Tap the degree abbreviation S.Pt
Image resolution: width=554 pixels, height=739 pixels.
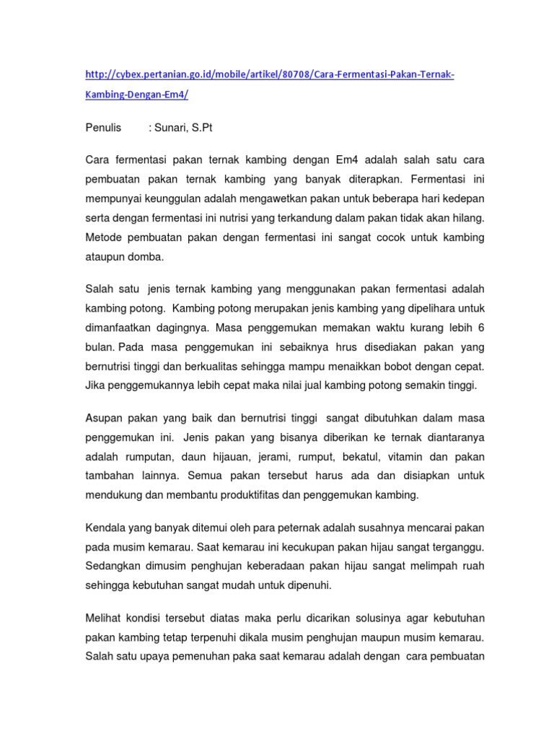click(203, 128)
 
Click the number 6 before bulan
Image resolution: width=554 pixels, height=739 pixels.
click(481, 327)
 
